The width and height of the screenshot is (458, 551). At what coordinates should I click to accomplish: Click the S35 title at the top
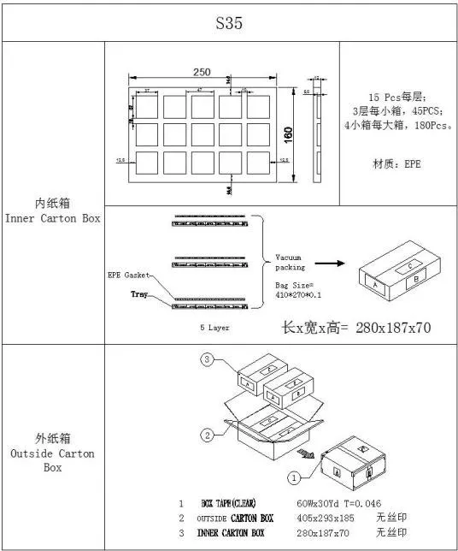click(229, 23)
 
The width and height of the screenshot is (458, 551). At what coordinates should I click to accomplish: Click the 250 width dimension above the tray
click(203, 72)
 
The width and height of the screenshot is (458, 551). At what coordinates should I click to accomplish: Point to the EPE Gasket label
click(129, 275)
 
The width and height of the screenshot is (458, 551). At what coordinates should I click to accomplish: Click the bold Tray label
click(139, 294)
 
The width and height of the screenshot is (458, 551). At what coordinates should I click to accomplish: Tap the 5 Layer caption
click(214, 327)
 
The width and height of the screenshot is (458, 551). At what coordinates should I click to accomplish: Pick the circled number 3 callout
click(208, 360)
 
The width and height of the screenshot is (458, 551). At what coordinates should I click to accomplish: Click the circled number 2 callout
click(208, 435)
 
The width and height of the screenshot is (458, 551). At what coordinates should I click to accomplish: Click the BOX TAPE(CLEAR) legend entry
click(228, 503)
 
